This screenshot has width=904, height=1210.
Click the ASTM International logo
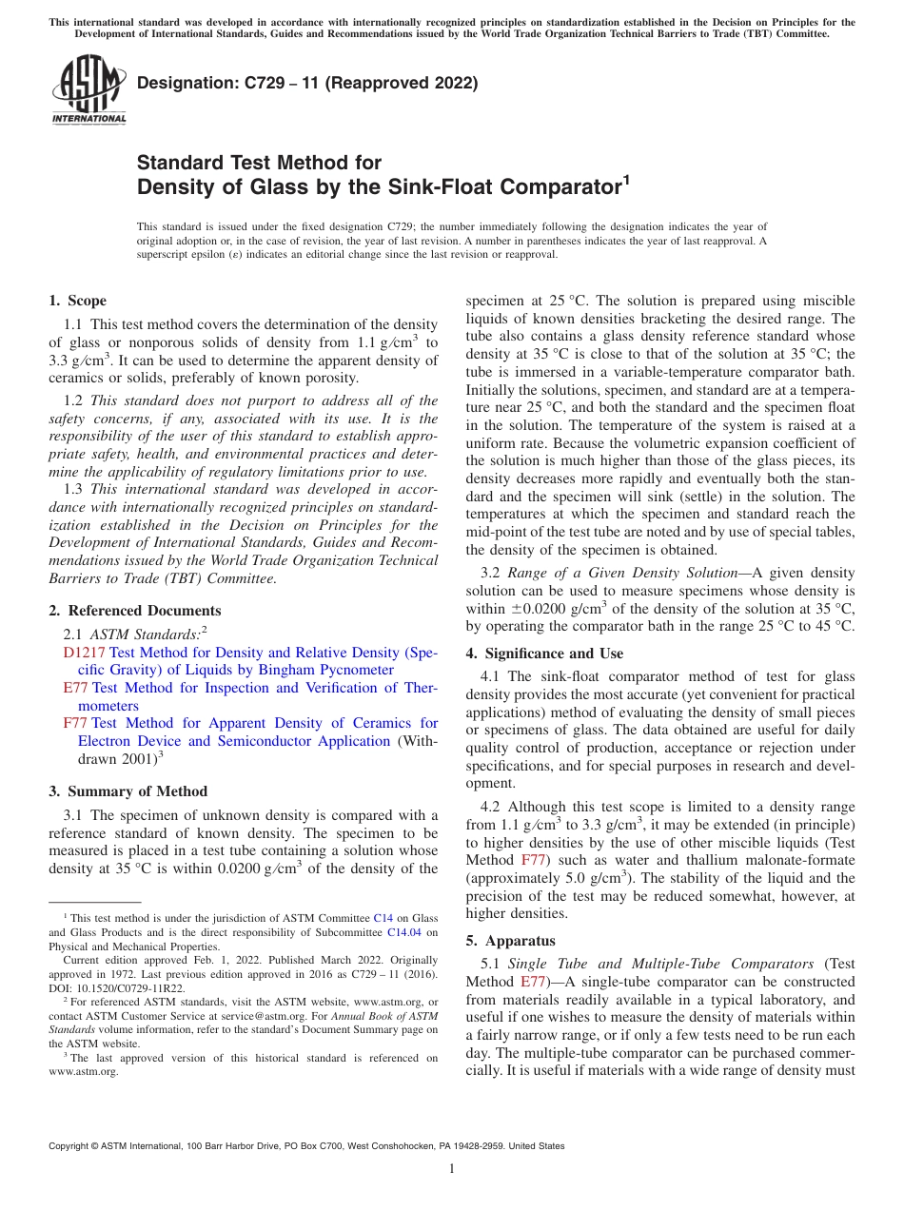point(88,89)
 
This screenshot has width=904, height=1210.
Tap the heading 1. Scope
point(78,301)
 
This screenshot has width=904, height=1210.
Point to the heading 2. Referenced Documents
point(135,611)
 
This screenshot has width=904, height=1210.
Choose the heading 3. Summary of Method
point(128,791)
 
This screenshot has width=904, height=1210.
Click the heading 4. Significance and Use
point(544,654)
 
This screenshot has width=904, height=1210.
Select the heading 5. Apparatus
point(508,941)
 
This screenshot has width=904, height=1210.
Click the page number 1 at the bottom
point(452,1169)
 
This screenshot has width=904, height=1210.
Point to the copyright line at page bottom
point(305,1146)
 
